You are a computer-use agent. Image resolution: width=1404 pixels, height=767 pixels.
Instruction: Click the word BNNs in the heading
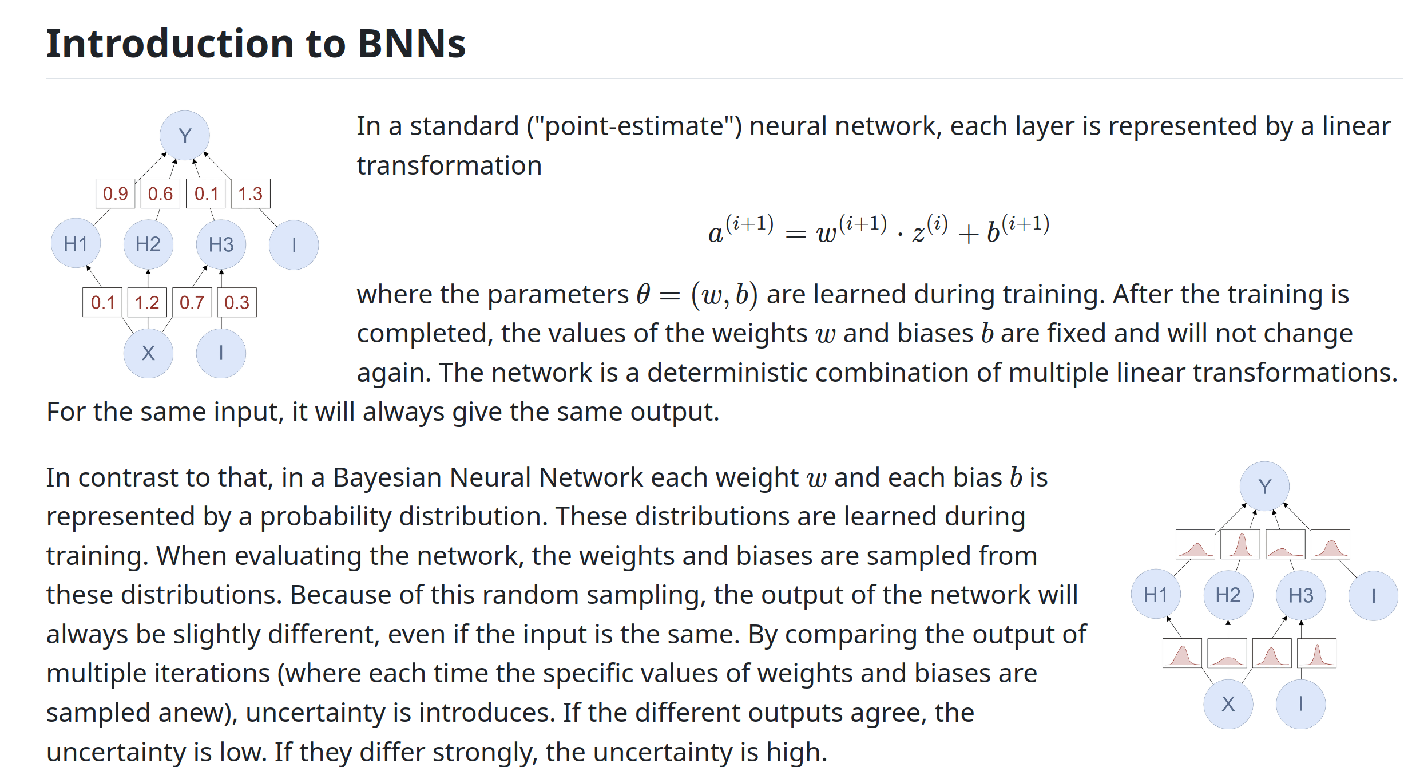click(411, 44)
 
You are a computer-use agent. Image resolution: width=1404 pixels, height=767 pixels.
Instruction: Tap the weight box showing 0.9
click(115, 193)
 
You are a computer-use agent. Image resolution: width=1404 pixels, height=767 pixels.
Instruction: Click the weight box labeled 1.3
click(251, 193)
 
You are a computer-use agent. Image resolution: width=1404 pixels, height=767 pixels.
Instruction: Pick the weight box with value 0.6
click(160, 193)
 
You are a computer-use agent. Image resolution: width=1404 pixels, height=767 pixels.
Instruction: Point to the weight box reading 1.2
click(147, 302)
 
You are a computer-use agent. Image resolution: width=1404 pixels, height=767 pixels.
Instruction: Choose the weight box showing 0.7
click(192, 302)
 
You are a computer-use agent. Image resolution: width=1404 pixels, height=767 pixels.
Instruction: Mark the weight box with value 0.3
click(237, 302)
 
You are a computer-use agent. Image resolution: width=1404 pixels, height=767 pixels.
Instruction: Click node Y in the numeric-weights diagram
click(184, 136)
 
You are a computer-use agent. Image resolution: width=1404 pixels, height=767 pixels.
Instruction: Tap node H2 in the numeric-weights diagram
click(148, 244)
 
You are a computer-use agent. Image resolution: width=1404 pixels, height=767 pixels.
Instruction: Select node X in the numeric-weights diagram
click(148, 353)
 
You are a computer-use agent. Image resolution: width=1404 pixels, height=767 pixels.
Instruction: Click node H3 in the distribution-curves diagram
click(1300, 595)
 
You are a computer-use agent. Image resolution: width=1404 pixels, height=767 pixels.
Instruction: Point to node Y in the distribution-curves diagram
click(1264, 487)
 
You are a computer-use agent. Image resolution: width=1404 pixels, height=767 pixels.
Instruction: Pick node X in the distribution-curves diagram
click(1228, 704)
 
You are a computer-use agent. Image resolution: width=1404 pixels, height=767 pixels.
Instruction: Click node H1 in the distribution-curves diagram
click(1155, 595)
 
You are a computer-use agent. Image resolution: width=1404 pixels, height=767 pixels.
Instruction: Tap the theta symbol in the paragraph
click(644, 295)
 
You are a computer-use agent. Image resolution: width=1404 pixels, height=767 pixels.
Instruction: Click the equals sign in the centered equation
click(795, 234)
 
